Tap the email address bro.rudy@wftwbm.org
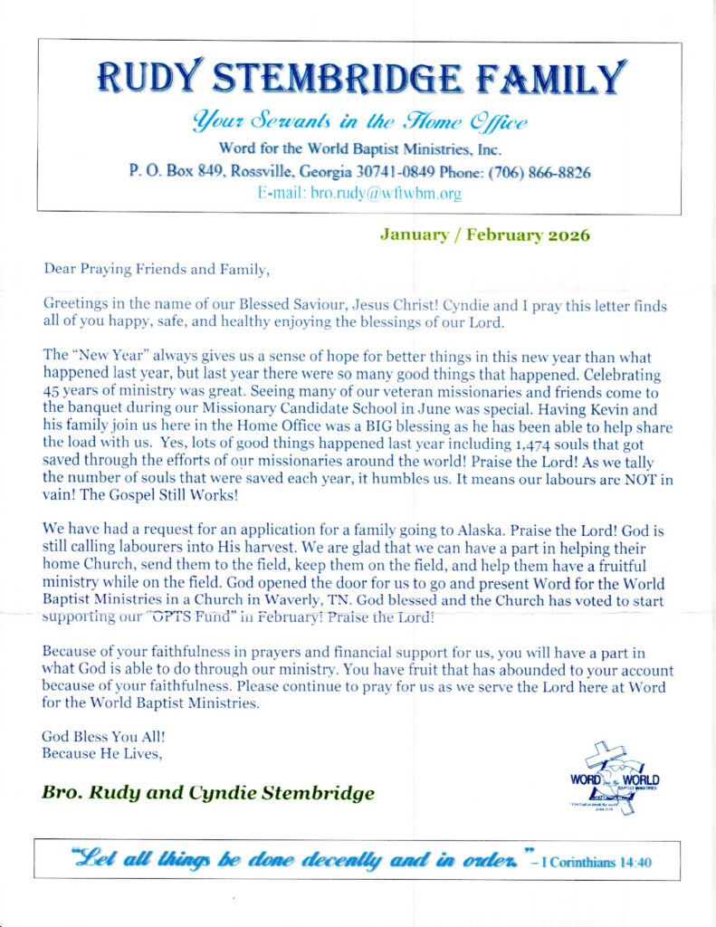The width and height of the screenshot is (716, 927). (x=359, y=193)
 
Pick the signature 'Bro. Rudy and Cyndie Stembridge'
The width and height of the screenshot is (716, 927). (x=207, y=794)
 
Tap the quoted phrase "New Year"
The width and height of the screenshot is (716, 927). (x=106, y=357)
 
